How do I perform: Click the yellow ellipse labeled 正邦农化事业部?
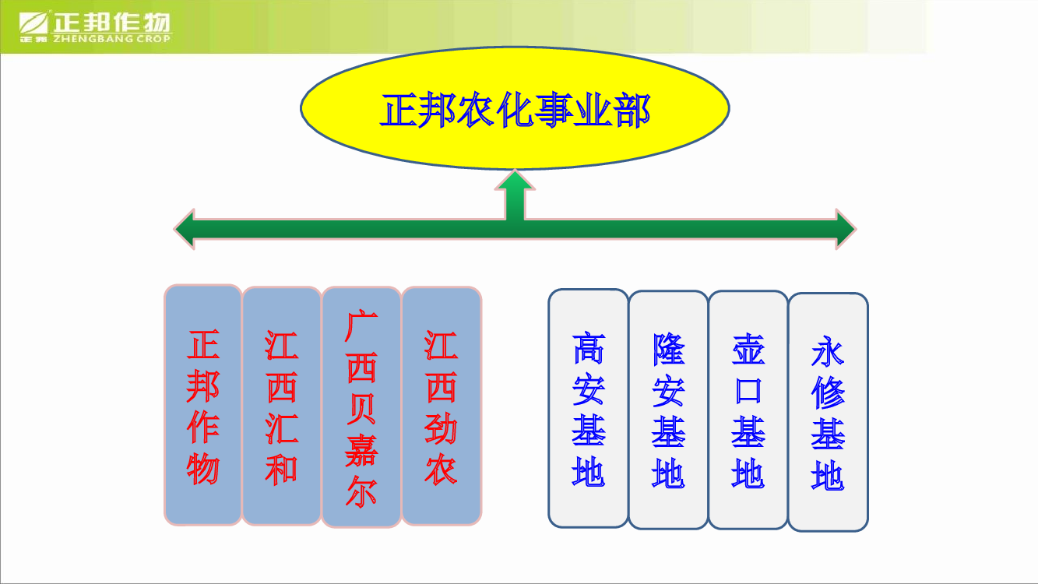(x=515, y=108)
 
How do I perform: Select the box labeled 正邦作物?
(x=203, y=405)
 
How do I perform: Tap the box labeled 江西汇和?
(x=282, y=406)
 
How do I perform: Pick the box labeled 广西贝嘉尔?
(x=361, y=407)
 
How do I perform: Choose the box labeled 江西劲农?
(x=442, y=406)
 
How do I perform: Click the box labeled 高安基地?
(x=589, y=408)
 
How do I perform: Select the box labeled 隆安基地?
(x=668, y=410)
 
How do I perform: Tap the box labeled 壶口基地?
(x=748, y=410)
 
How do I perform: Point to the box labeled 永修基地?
(x=828, y=412)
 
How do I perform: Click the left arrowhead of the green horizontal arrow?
(x=185, y=229)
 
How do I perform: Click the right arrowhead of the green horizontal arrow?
(x=846, y=229)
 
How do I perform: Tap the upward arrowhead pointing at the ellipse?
(x=515, y=180)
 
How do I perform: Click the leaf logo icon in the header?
(x=33, y=23)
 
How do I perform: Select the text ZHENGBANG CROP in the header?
(x=111, y=39)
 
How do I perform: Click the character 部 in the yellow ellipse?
(x=633, y=111)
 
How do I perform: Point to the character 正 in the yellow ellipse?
(x=399, y=111)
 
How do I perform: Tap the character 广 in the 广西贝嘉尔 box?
(x=361, y=326)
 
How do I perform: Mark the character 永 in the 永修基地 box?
(x=828, y=351)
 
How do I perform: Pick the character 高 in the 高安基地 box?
(x=589, y=347)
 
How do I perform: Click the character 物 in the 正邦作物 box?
(x=203, y=469)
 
